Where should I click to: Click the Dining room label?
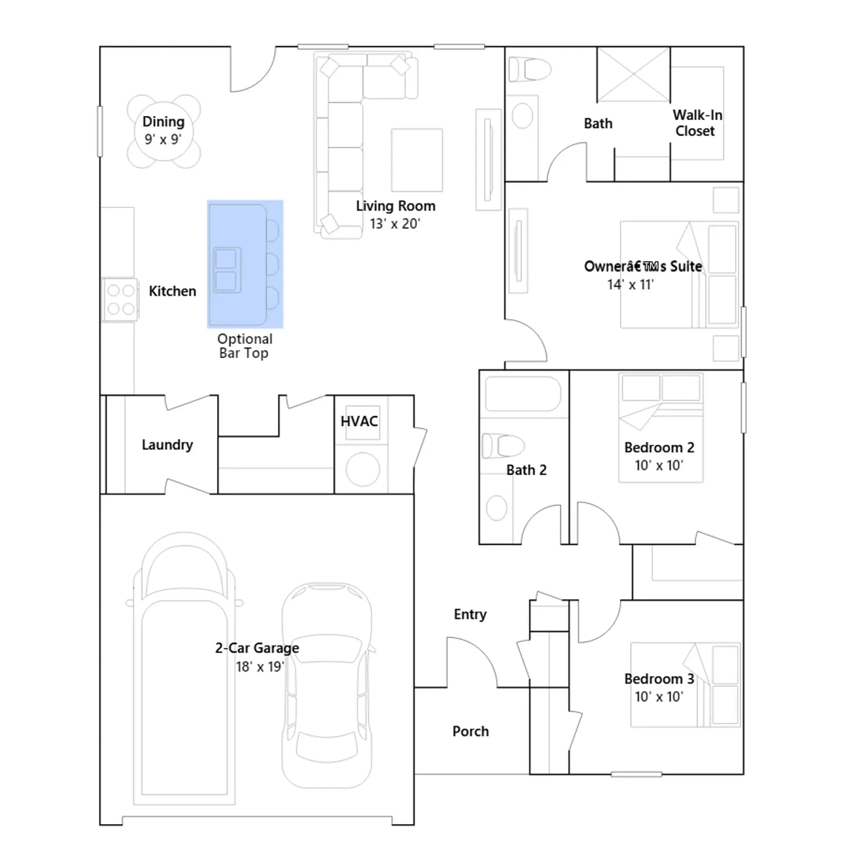[x=163, y=122]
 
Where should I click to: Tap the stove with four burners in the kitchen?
[x=120, y=299]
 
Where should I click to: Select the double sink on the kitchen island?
[x=227, y=270]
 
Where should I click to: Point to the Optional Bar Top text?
[x=244, y=346]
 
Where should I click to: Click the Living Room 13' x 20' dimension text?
[x=395, y=224]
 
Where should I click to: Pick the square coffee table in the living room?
[x=417, y=160]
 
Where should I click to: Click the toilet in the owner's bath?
[x=530, y=68]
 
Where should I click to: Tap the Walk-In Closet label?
[x=697, y=123]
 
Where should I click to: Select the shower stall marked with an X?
[x=633, y=74]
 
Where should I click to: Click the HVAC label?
[x=359, y=421]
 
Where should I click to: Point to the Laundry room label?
[x=167, y=445]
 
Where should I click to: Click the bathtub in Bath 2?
[x=523, y=394]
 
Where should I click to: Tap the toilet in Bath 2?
[x=503, y=446]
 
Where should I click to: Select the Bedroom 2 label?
[x=659, y=447]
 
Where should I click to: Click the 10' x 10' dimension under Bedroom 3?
[x=659, y=697]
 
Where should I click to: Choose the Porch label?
[x=470, y=731]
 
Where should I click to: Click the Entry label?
[x=470, y=614]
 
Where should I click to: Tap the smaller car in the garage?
[x=327, y=685]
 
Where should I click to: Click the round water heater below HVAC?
[x=362, y=469]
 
